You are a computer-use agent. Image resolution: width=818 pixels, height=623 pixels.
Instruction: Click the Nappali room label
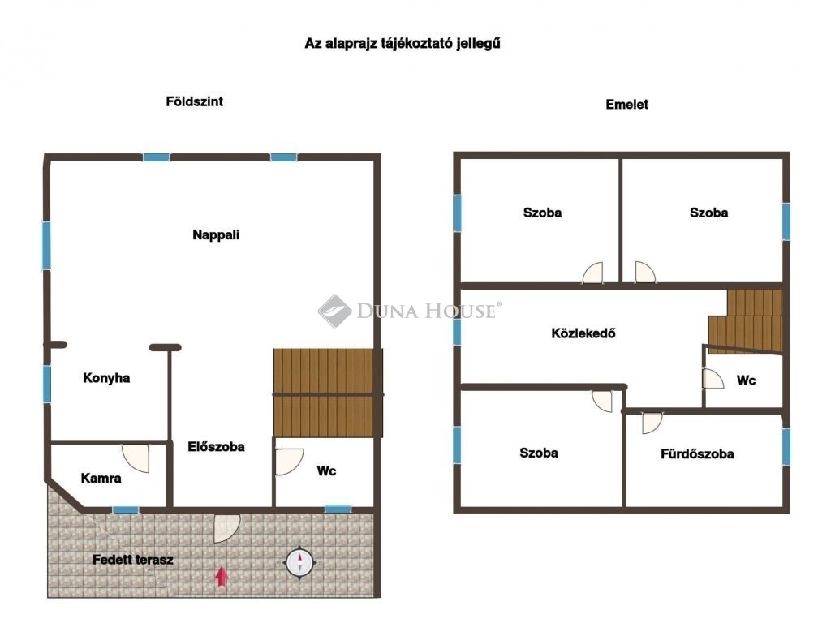216,235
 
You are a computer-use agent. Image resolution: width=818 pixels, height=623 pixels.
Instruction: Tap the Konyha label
106,378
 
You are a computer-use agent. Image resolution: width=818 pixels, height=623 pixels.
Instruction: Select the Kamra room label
101,478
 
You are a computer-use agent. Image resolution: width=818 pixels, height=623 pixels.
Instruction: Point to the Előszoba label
216,447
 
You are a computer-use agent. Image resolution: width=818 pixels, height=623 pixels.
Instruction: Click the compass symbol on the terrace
300,562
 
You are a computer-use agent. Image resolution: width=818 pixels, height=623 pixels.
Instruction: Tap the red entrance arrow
222,577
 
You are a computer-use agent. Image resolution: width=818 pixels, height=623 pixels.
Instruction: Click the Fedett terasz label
133,560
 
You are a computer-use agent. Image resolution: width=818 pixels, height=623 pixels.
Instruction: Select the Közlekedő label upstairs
583,333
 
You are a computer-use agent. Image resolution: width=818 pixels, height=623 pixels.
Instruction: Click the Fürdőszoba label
697,454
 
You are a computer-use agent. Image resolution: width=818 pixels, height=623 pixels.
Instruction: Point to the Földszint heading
195,101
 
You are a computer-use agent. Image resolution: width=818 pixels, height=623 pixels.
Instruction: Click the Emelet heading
627,105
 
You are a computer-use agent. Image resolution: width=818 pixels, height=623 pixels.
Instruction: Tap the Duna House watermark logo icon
334,311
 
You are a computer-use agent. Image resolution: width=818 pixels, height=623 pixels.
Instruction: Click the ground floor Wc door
289,462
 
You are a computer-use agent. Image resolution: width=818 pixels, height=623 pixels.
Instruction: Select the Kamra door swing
136,458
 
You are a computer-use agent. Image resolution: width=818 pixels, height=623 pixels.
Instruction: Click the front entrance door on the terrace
227,528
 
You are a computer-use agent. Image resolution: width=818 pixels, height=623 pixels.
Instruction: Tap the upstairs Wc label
746,380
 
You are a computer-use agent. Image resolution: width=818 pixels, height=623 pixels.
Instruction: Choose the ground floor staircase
328,393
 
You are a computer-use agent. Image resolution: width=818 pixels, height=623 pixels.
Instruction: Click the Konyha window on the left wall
47,384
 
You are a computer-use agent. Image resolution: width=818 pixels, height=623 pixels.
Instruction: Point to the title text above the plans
403,43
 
